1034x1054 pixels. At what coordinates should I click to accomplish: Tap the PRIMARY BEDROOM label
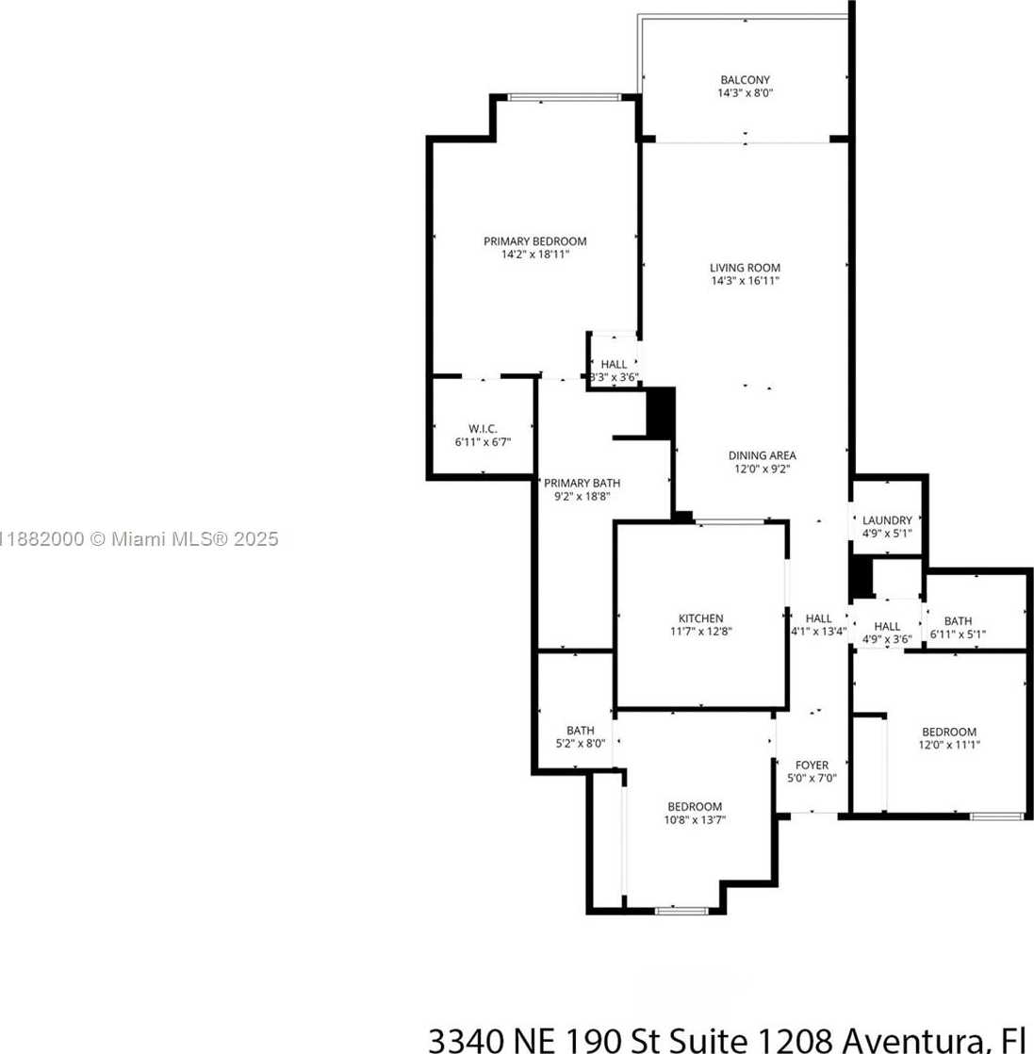(535, 241)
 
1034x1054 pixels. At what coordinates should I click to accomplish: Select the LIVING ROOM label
(745, 268)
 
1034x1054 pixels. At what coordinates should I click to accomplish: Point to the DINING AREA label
(763, 455)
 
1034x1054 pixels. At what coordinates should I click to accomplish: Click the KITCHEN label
(700, 618)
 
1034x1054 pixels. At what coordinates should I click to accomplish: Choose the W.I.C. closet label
(483, 428)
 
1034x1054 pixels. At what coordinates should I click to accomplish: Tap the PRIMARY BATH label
(582, 483)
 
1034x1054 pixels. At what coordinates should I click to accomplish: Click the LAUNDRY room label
(887, 520)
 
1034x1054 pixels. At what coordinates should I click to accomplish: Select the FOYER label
(812, 766)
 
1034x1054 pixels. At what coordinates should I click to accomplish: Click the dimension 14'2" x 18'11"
(535, 255)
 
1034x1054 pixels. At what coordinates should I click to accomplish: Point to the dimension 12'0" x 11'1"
(948, 745)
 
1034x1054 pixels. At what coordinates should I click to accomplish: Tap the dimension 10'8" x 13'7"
(695, 819)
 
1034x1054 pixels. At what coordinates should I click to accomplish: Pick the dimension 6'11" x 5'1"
(958, 634)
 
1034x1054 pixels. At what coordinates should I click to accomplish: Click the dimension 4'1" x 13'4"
(818, 632)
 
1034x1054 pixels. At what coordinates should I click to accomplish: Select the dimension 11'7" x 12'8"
(700, 632)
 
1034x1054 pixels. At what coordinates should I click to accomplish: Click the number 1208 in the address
(797, 1040)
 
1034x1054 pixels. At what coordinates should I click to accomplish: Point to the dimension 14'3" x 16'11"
(745, 281)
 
